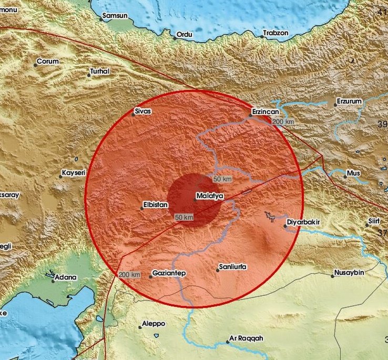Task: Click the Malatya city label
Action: click(x=210, y=196)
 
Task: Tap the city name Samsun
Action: click(x=115, y=16)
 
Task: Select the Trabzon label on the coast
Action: click(x=277, y=33)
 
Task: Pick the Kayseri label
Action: click(x=74, y=173)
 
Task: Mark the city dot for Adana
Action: click(x=53, y=281)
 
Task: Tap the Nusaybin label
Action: click(x=351, y=273)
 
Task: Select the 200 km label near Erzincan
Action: click(x=283, y=122)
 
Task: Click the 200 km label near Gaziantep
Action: click(x=129, y=275)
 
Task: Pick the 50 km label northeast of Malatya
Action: click(x=222, y=179)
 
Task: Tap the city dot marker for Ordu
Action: click(x=175, y=38)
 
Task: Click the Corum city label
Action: click(x=48, y=62)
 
